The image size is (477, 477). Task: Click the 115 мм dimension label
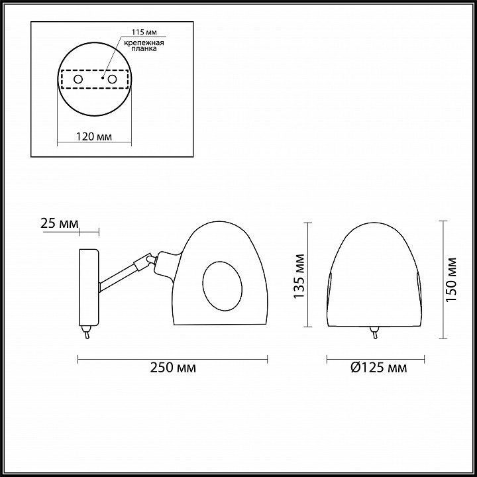coord(144,32)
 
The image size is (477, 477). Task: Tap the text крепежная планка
coord(144,45)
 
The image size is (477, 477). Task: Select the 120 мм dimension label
coord(94,136)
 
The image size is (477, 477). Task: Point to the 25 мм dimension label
coord(60,224)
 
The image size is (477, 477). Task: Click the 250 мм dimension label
coord(173,368)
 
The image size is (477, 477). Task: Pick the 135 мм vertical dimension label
coord(299,276)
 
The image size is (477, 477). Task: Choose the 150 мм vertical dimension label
coord(451,280)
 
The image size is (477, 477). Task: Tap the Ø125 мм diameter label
coord(379,368)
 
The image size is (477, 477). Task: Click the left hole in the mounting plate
coord(78,79)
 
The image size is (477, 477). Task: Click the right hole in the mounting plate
coord(112,79)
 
